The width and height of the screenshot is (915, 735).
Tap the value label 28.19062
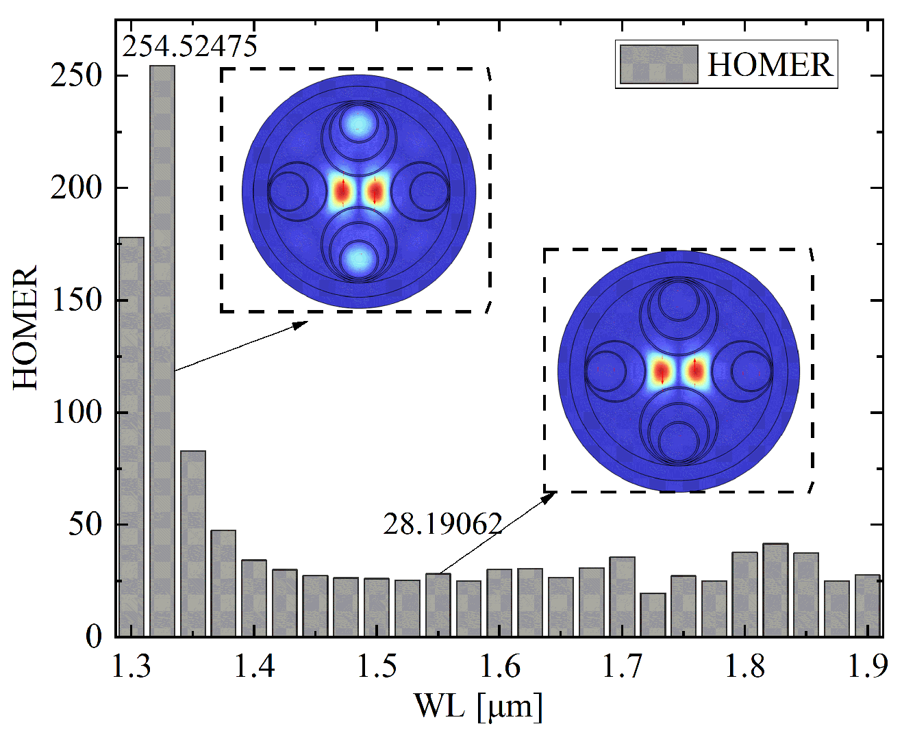442,524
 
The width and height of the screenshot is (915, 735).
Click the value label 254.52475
190,47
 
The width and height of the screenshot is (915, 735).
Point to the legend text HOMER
770,65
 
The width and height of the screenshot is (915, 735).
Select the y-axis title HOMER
26,328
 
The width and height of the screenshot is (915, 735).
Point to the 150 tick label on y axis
76,300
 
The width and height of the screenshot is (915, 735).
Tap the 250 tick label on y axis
76,76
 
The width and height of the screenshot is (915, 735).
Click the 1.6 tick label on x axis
500,666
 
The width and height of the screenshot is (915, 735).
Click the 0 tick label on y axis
94,637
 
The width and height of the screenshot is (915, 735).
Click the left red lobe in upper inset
341,192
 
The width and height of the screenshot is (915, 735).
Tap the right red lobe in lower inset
695,370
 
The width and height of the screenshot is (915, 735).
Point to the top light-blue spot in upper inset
359,122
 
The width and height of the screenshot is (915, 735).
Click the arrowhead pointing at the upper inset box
301,324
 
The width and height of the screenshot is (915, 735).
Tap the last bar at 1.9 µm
868,606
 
